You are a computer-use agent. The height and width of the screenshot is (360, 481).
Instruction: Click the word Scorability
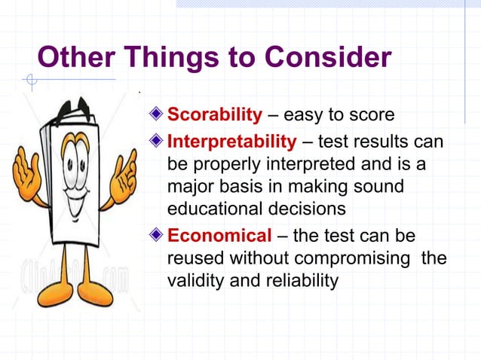tap(214, 115)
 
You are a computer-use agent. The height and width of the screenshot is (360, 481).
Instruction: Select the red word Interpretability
tap(231, 141)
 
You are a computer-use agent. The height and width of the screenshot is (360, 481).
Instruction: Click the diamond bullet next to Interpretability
tap(156, 141)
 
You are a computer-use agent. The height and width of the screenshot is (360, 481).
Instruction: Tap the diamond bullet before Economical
tap(156, 234)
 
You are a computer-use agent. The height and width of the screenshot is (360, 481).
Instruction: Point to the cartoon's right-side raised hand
tap(123, 175)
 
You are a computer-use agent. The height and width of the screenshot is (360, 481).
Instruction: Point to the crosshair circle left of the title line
tap(30, 79)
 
